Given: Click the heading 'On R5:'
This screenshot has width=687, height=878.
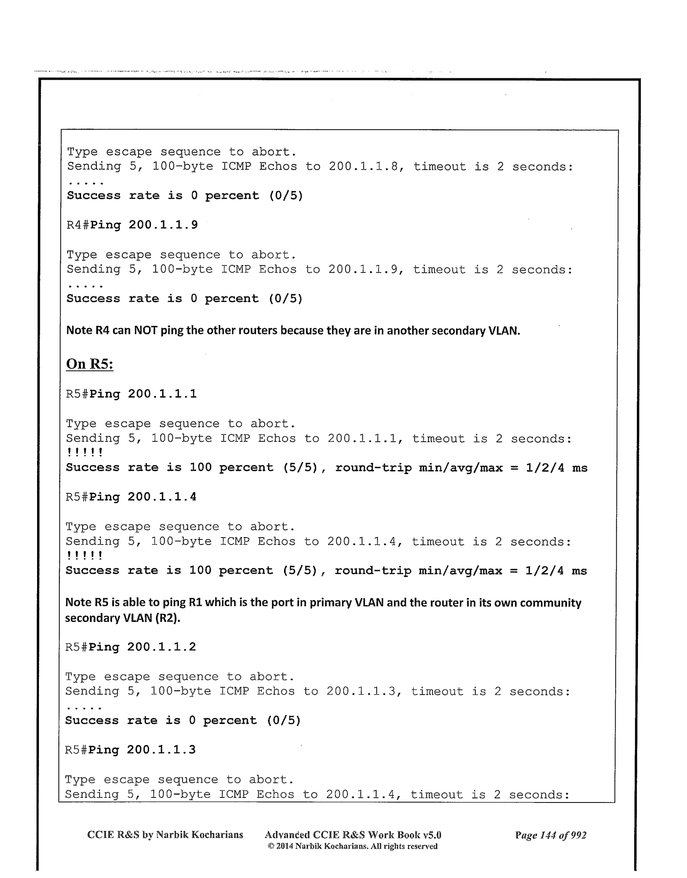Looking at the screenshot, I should tap(90, 364).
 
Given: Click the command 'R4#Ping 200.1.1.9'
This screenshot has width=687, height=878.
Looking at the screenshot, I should tap(132, 225).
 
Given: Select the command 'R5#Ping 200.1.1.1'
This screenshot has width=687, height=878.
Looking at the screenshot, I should tap(131, 394).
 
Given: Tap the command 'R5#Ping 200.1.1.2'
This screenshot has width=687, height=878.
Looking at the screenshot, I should tap(131, 647).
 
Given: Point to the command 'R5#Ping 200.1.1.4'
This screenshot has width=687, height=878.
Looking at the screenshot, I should tap(131, 497).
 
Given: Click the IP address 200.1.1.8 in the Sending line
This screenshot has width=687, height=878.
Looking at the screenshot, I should tap(366, 167).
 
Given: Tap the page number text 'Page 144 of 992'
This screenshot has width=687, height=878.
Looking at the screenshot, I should tap(551, 835).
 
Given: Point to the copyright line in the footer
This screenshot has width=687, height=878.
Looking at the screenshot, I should tap(353, 847).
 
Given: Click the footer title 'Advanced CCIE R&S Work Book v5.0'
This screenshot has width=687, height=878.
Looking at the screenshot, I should tap(353, 835).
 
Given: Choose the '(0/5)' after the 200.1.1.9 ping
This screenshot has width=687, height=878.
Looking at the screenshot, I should tap(285, 299).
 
